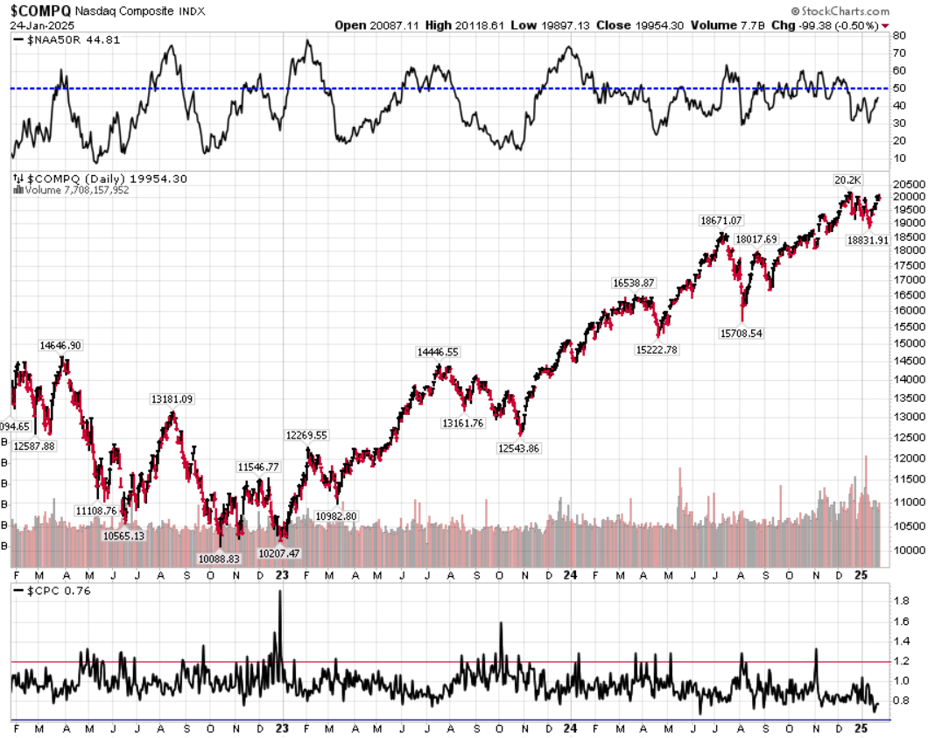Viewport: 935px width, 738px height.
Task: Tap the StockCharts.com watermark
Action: tap(839, 11)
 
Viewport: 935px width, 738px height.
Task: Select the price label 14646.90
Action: tap(60, 346)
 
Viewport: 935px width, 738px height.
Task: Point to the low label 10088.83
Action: tap(220, 559)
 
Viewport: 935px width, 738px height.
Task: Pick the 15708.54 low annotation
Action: tap(741, 333)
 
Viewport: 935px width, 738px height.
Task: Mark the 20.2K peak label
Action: tap(847, 180)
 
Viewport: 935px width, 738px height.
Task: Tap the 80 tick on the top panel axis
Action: tap(899, 37)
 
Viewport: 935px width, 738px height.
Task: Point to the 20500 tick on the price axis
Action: tap(907, 184)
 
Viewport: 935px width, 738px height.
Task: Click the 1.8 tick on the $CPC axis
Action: tap(902, 601)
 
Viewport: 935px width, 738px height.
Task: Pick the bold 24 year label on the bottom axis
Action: tap(570, 727)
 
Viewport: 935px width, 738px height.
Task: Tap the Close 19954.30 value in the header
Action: tap(637, 25)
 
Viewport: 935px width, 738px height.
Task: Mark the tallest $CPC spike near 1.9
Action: tap(280, 593)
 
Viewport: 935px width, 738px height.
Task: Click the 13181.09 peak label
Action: tap(172, 399)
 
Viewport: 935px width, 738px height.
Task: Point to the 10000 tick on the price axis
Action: tap(907, 550)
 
